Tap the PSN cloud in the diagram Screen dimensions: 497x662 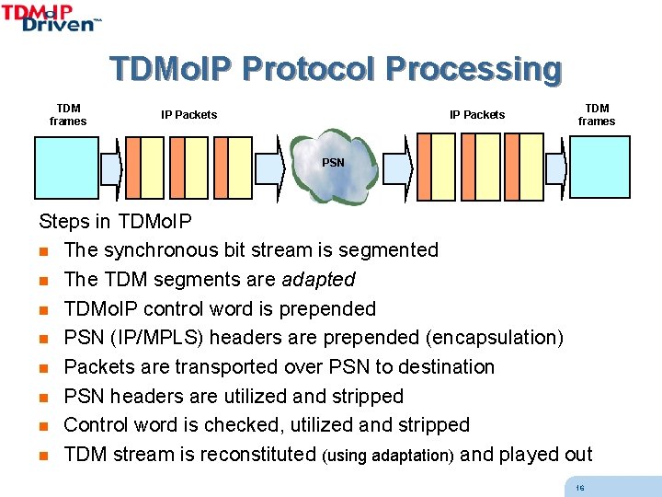click(333, 167)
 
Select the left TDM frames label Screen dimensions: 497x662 click(68, 115)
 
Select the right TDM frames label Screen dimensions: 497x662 click(597, 115)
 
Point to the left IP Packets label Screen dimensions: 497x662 click(189, 115)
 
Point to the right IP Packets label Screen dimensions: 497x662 click(477, 115)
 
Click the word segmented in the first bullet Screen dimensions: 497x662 click(387, 250)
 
